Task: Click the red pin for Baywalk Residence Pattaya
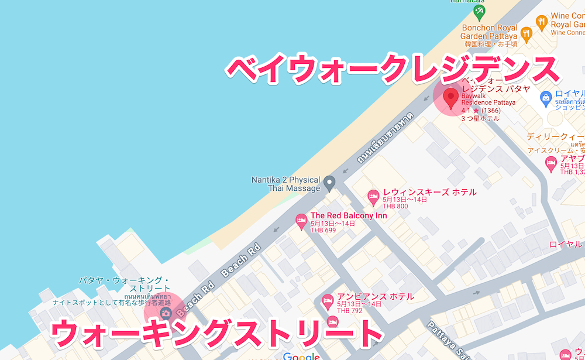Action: pos(450,98)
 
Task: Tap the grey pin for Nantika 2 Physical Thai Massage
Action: pos(329,184)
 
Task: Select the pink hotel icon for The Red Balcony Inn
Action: pos(301,221)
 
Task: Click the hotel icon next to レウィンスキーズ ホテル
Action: pos(373,198)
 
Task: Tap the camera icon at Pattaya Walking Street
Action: pos(166,314)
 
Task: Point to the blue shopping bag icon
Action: pos(545,97)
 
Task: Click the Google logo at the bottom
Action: pos(301,356)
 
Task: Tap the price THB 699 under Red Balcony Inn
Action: pos(323,231)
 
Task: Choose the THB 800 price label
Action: pos(395,206)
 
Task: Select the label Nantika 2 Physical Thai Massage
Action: pos(285,184)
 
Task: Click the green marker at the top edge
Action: pos(480,11)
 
